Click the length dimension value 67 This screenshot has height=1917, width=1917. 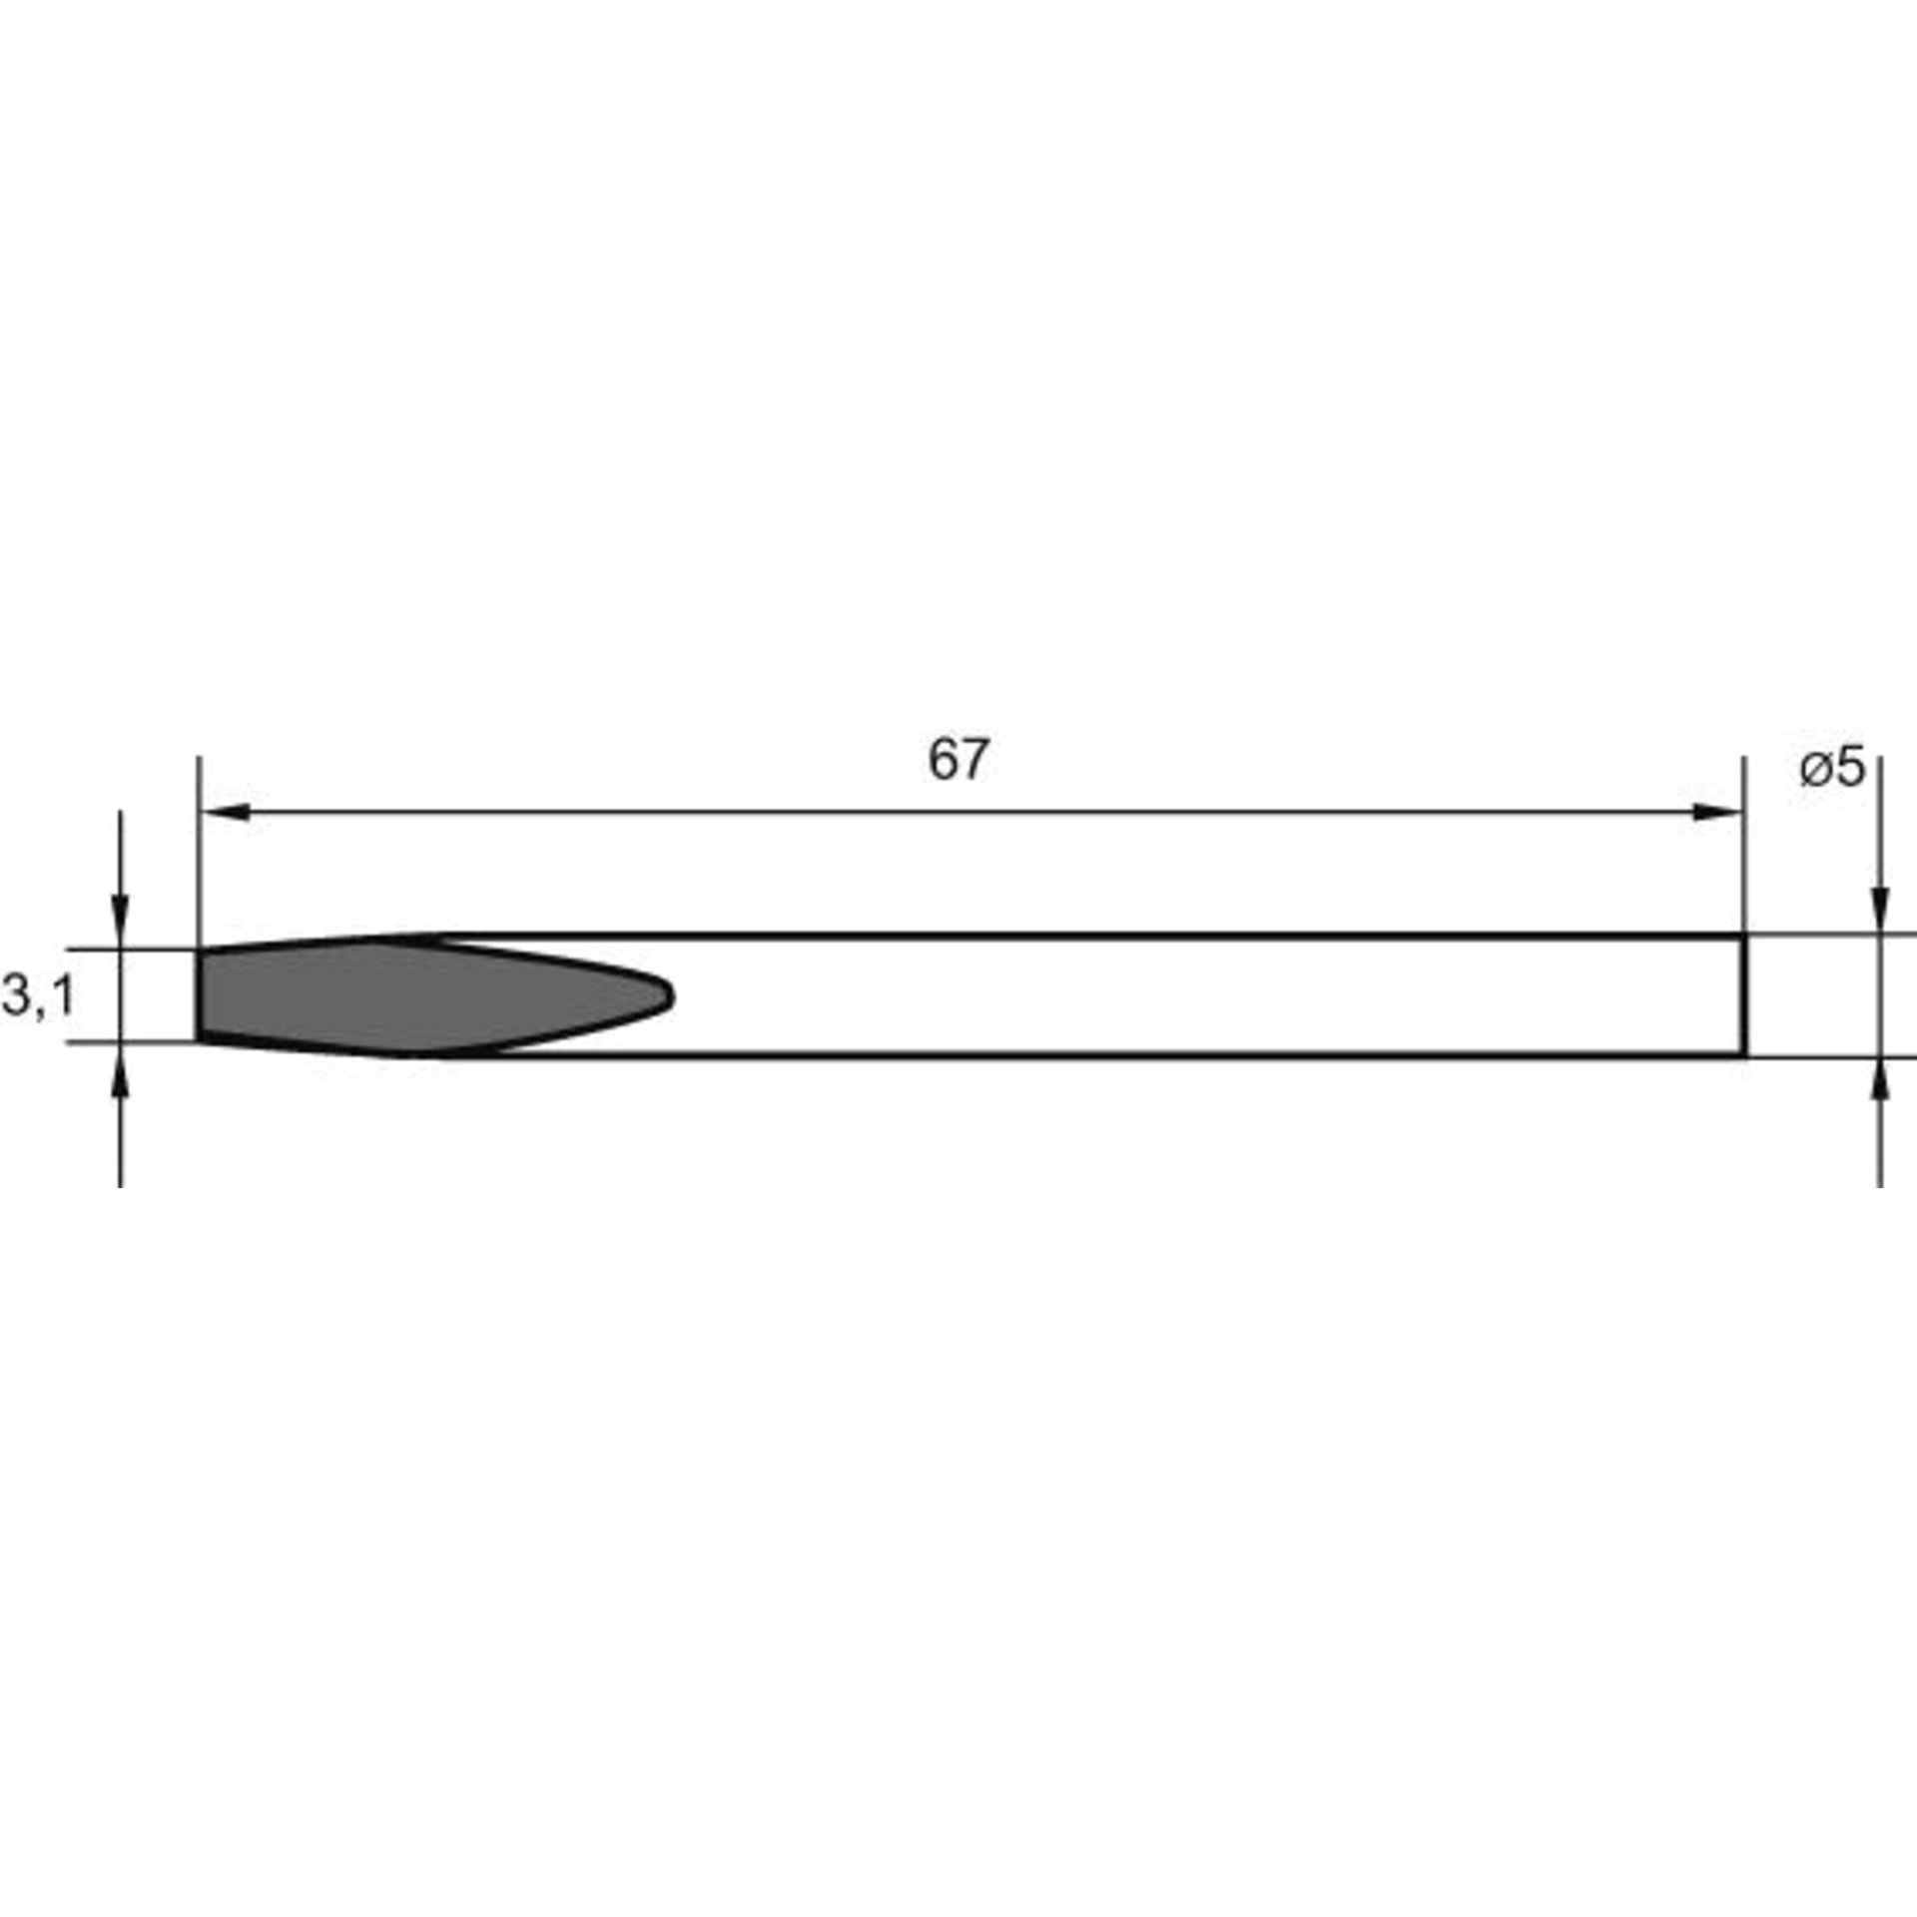pos(958,761)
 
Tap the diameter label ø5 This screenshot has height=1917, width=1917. pos(1832,769)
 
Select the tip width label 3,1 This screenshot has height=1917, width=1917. pos(38,996)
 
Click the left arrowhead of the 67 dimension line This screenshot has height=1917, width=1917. pos(224,813)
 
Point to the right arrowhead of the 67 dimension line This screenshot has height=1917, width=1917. pos(1719,813)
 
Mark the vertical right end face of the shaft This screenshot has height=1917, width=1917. pos(1743,995)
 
